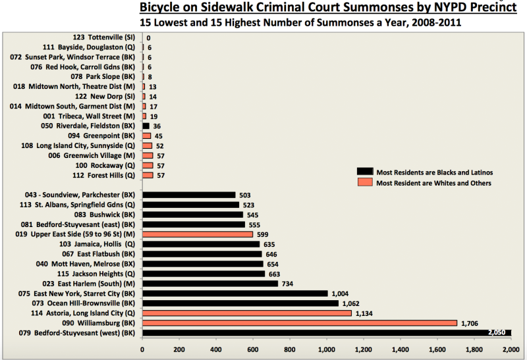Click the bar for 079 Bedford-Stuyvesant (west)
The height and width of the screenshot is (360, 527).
coord(326,333)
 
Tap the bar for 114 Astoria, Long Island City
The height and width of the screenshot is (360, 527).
coord(247,313)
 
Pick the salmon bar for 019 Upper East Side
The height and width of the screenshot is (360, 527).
coord(198,234)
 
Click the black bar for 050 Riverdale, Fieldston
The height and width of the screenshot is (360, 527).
coord(146,126)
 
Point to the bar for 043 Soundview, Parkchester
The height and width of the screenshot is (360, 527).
coord(189,195)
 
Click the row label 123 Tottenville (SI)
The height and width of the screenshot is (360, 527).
coord(105,38)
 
